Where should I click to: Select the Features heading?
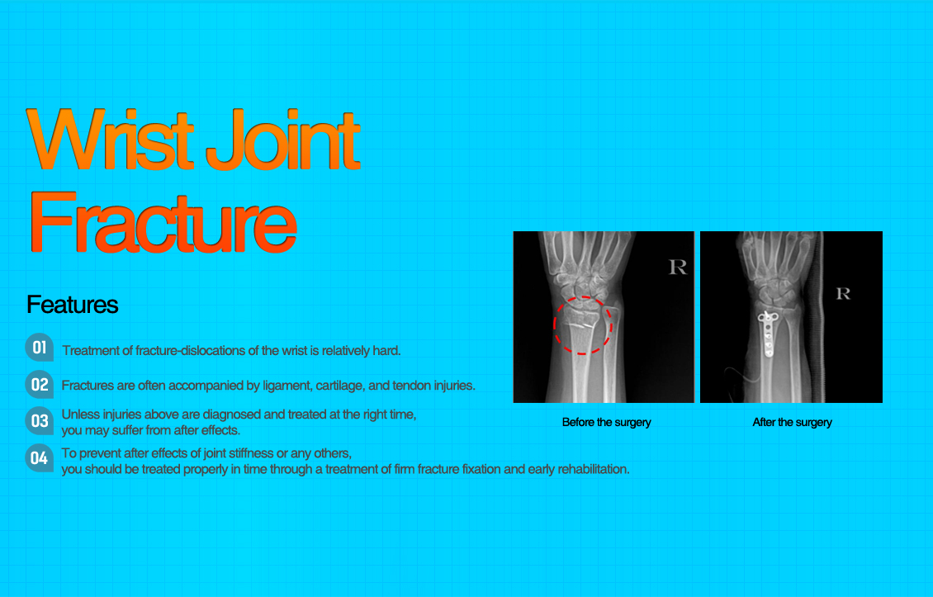click(x=73, y=305)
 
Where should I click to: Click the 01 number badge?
click(x=40, y=348)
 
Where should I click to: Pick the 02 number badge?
click(x=40, y=384)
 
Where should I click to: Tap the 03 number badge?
click(x=40, y=420)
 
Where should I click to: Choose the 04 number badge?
click(x=40, y=457)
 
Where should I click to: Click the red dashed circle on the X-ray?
click(x=582, y=325)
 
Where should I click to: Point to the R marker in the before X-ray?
click(x=677, y=267)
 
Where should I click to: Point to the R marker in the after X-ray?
click(x=842, y=293)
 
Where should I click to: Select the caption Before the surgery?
click(x=606, y=422)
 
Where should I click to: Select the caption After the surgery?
click(x=792, y=422)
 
